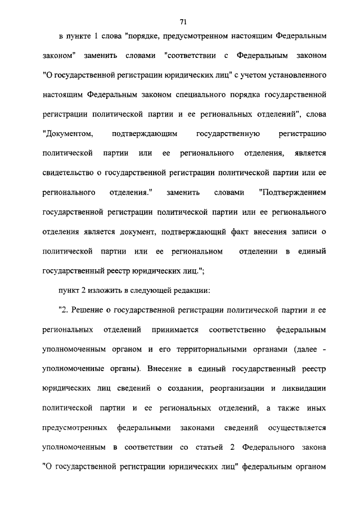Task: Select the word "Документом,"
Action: click(66, 134)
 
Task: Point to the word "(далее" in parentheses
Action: click(305, 349)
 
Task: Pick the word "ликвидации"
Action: click(304, 388)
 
